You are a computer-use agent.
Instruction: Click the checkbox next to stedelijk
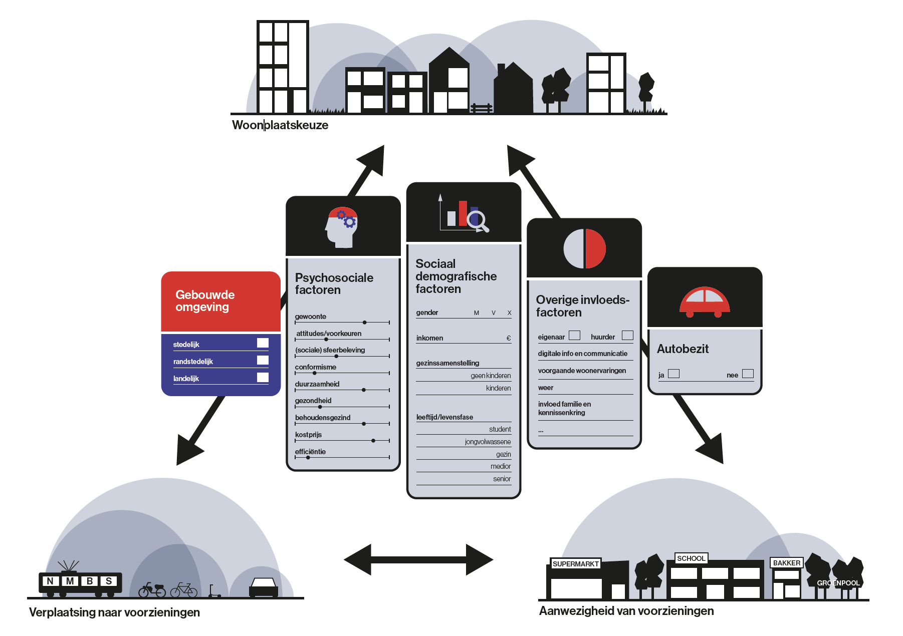(x=263, y=343)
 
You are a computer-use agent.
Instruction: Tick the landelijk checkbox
(x=263, y=377)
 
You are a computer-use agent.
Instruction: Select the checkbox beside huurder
(x=627, y=336)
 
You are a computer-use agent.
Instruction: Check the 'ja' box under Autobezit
(x=674, y=374)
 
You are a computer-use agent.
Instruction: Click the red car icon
(x=704, y=302)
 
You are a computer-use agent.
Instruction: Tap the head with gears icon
(x=341, y=227)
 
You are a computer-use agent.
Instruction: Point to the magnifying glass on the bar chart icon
(x=477, y=220)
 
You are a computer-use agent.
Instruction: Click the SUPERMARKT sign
(x=575, y=564)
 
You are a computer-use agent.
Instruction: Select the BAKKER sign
(x=786, y=563)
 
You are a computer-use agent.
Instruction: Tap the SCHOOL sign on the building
(x=691, y=558)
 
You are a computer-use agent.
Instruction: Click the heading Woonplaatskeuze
(x=280, y=125)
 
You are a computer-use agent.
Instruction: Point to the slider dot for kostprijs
(x=373, y=441)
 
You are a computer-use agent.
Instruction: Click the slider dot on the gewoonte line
(x=365, y=323)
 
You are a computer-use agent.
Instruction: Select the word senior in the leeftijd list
(x=502, y=479)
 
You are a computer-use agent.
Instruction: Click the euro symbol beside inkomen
(x=509, y=338)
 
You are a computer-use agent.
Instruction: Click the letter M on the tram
(x=70, y=581)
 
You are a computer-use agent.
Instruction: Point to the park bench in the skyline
(x=482, y=108)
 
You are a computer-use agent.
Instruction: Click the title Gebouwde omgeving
(x=205, y=301)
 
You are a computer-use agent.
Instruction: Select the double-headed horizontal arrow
(x=418, y=559)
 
